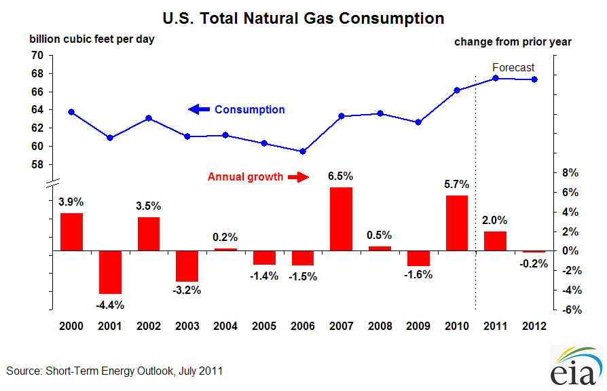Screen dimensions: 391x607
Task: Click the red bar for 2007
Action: click(341, 219)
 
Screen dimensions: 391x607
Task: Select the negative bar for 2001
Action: click(110, 272)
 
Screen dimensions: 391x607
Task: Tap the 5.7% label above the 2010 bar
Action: click(457, 184)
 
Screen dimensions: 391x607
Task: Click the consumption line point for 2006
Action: click(303, 151)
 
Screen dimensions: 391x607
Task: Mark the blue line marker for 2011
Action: click(496, 78)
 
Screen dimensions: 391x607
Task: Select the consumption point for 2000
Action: click(71, 112)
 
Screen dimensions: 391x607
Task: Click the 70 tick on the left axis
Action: click(37, 56)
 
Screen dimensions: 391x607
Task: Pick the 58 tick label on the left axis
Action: click(37, 164)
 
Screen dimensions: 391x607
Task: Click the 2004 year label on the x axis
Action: click(225, 326)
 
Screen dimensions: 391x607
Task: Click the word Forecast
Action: click(513, 67)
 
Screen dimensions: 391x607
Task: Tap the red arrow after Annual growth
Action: click(297, 177)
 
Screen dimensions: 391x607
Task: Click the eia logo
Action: click(575, 367)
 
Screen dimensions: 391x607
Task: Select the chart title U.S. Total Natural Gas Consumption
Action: click(303, 18)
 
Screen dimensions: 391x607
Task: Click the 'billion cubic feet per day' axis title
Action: click(92, 39)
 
